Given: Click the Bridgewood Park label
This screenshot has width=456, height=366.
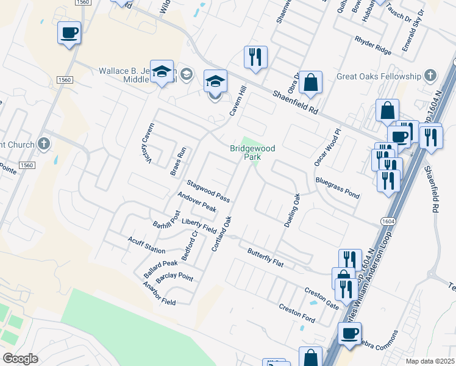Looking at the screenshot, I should pos(252,152).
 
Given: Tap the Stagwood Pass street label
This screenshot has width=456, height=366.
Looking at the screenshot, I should pos(208,191).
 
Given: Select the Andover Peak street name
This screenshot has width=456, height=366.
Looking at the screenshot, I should pos(196,202).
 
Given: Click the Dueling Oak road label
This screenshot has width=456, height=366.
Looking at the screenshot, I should pos(293,210).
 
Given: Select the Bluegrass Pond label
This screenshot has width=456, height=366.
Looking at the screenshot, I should pos(337,187).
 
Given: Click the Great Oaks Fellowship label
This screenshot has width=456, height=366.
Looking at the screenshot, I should pos(379,76).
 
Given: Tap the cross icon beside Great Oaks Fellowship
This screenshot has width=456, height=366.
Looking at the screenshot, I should pos(430,76).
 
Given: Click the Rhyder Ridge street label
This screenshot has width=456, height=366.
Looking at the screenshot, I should pos(372,44).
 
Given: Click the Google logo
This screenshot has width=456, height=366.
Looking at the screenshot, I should pos(21,358).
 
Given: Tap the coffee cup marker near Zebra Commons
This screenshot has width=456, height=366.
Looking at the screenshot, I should pos(350,334).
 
